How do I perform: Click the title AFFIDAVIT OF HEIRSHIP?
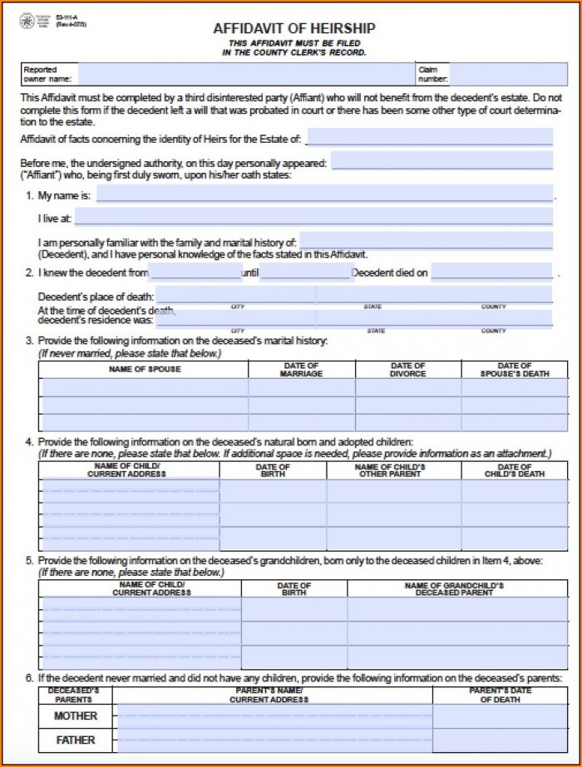(x=294, y=29)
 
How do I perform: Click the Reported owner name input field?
(x=244, y=75)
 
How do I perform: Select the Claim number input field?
(x=501, y=75)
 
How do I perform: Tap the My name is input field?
(x=324, y=194)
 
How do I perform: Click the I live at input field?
(x=313, y=218)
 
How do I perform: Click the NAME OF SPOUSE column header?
(x=144, y=369)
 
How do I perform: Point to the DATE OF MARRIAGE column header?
(x=301, y=369)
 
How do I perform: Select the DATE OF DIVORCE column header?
(x=408, y=369)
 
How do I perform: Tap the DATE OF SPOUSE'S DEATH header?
(x=514, y=369)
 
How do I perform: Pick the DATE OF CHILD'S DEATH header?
(x=514, y=470)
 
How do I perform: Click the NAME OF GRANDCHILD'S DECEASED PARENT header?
(x=449, y=589)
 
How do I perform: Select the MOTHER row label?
(x=76, y=715)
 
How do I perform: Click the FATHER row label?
(x=76, y=740)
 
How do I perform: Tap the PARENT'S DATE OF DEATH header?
(x=501, y=695)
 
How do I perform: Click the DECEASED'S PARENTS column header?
(x=75, y=695)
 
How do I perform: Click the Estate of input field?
(x=429, y=137)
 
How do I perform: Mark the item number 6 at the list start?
(x=29, y=677)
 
